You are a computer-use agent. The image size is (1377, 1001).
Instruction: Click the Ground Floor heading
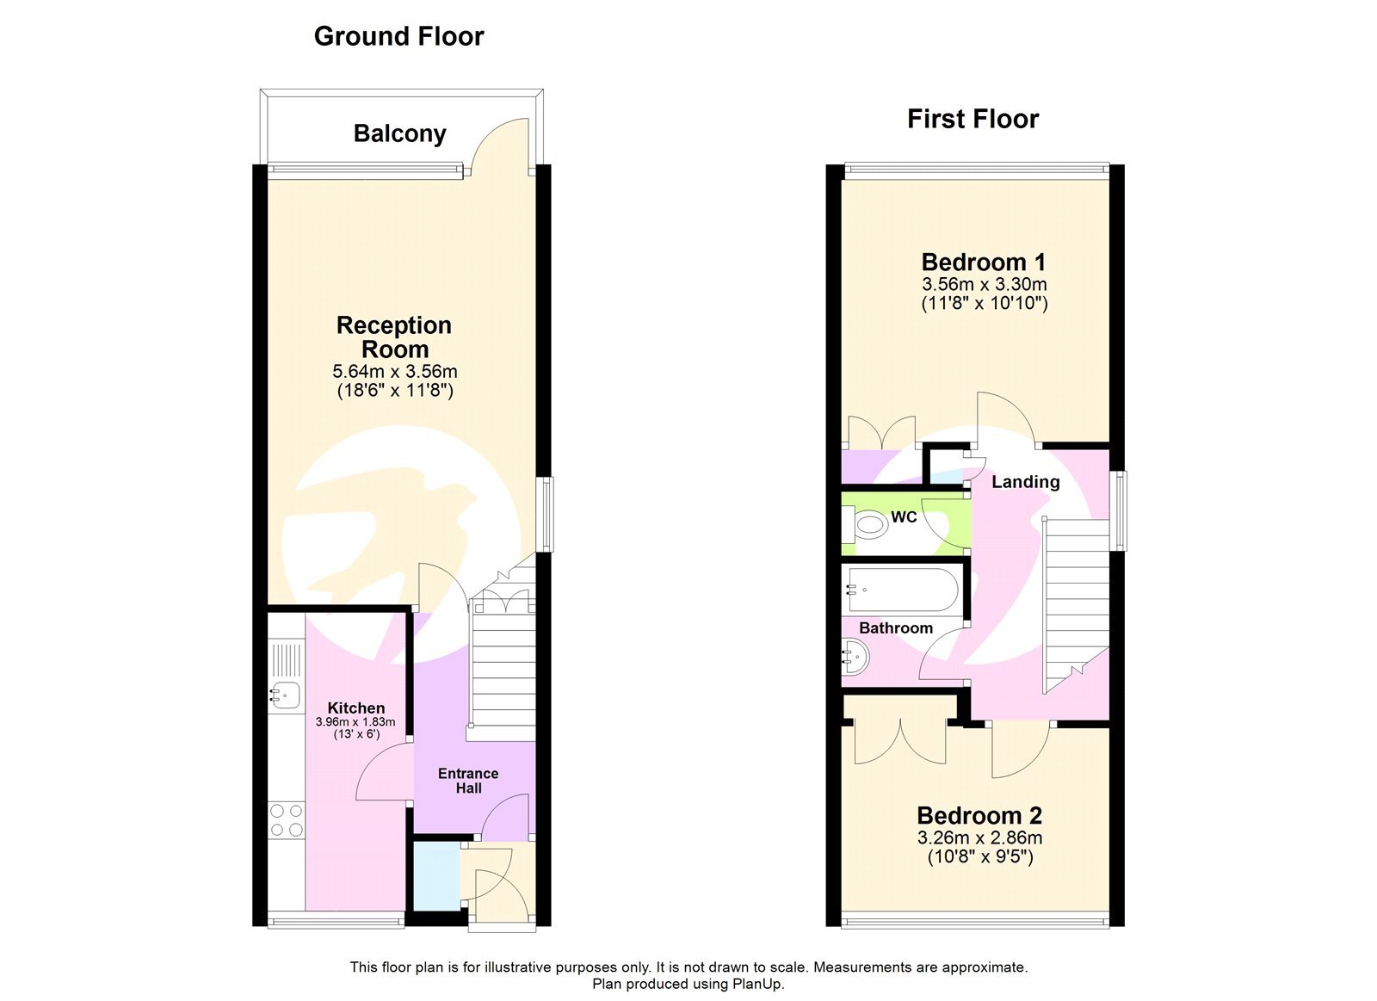pyautogui.click(x=398, y=36)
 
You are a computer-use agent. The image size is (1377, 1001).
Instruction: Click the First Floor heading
pyautogui.click(x=973, y=119)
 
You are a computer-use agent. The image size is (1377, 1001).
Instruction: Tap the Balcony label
pyautogui.click(x=399, y=133)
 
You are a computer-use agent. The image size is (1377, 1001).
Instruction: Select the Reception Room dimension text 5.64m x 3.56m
pyautogui.click(x=395, y=372)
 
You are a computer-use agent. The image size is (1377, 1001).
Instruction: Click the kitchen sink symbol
pyautogui.click(x=285, y=694)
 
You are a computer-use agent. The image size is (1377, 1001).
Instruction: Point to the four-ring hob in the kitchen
pyautogui.click(x=286, y=819)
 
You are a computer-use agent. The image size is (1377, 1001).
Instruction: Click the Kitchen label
pyautogui.click(x=355, y=707)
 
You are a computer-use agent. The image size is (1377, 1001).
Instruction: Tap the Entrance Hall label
pyautogui.click(x=468, y=781)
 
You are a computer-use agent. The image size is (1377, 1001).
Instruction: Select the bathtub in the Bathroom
pyautogui.click(x=901, y=590)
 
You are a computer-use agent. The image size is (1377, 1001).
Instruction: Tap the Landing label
pyautogui.click(x=1025, y=482)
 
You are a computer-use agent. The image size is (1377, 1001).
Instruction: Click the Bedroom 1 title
pyautogui.click(x=984, y=262)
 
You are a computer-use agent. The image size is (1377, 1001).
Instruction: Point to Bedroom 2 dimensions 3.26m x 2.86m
pyautogui.click(x=979, y=837)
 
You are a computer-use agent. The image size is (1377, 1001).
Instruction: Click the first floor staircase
pyautogui.click(x=1076, y=602)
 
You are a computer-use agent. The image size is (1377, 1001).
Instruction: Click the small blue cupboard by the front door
pyautogui.click(x=435, y=875)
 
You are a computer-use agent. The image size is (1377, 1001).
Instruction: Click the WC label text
pyautogui.click(x=904, y=516)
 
